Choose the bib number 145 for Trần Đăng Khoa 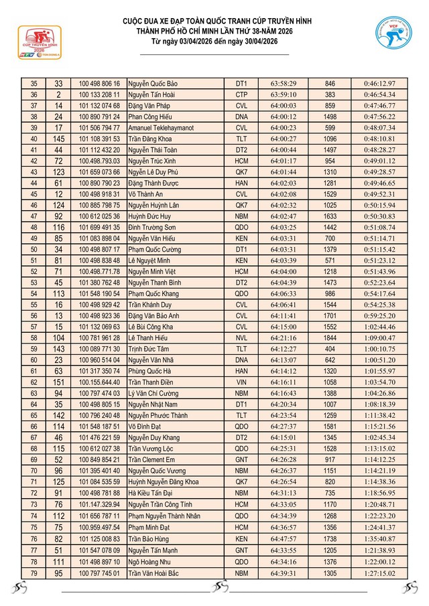tap(59, 138)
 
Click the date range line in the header tap(214, 42)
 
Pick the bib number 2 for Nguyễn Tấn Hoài tap(59, 94)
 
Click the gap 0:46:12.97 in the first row tap(379, 84)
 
